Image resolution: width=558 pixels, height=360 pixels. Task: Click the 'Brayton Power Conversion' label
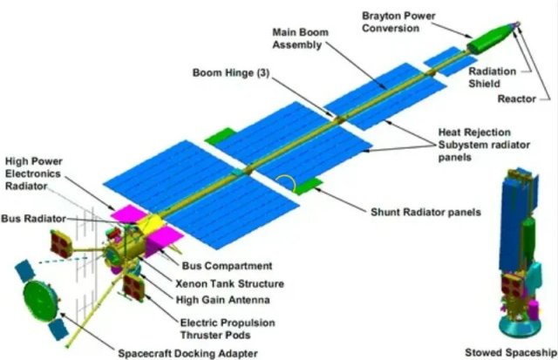[x=398, y=22]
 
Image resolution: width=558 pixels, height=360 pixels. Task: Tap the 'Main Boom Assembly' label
[x=300, y=38]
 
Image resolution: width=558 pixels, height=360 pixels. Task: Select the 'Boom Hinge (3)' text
[x=231, y=73]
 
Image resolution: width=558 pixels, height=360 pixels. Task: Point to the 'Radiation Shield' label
[x=492, y=78]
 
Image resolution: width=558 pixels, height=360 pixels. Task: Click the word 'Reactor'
[x=516, y=98]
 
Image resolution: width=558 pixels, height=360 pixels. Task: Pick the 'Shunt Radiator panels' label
[x=425, y=213]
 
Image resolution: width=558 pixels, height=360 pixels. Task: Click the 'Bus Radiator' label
[x=33, y=219]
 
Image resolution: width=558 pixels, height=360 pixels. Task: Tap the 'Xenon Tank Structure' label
[x=229, y=284]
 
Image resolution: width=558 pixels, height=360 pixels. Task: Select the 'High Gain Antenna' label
[x=223, y=300]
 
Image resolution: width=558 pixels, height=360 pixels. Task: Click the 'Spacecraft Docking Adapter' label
[x=188, y=354]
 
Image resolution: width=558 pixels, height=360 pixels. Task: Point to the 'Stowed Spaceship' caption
[x=511, y=352]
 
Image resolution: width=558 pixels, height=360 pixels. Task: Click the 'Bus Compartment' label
[x=227, y=266]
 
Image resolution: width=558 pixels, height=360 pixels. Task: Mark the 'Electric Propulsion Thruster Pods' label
[x=228, y=329]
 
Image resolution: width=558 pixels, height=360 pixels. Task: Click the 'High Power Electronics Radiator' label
[x=33, y=174]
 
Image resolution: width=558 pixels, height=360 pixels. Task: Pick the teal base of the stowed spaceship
[x=520, y=328]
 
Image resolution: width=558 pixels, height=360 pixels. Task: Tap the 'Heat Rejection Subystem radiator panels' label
[x=484, y=145]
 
